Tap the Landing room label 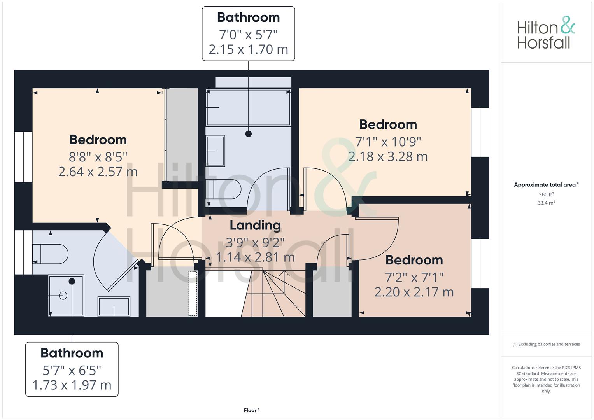click(255, 226)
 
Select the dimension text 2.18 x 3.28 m click(388, 156)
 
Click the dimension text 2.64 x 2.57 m click(98, 171)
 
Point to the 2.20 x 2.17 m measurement click(414, 292)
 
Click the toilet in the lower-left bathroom click(51, 254)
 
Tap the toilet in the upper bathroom click(223, 189)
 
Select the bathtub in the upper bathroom click(248, 107)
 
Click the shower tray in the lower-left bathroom click(66, 296)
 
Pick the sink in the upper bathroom click(216, 151)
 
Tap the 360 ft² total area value click(546, 194)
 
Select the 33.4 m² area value click(546, 203)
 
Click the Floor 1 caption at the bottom click(252, 410)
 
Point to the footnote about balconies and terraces click(546, 344)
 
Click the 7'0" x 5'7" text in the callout click(248, 35)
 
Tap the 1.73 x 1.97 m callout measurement click(72, 385)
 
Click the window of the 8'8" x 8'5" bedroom click(23, 157)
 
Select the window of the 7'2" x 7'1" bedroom click(480, 263)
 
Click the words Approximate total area click(545, 185)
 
